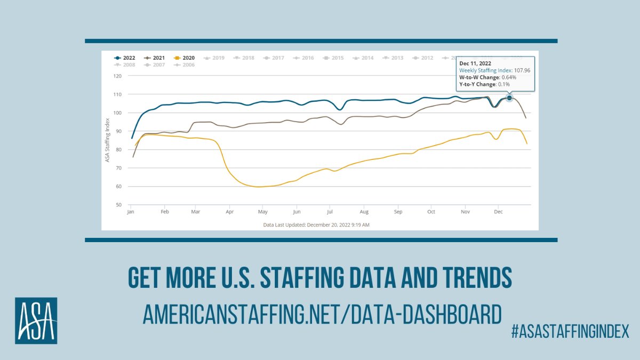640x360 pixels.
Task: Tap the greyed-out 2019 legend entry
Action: [214, 58]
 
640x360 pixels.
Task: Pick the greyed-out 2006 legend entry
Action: [185, 65]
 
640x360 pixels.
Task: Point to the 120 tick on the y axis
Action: [117, 76]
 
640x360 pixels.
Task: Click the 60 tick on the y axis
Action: [119, 187]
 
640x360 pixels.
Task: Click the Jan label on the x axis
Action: [130, 212]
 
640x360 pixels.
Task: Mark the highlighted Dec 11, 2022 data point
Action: [509, 98]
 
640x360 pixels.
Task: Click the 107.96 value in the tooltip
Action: [522, 70]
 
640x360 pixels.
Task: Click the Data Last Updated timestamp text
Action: [316, 225]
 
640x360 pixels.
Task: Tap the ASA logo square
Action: [36, 321]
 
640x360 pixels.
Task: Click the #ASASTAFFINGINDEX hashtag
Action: [570, 331]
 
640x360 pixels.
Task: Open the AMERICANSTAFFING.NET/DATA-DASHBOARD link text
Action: [322, 315]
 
